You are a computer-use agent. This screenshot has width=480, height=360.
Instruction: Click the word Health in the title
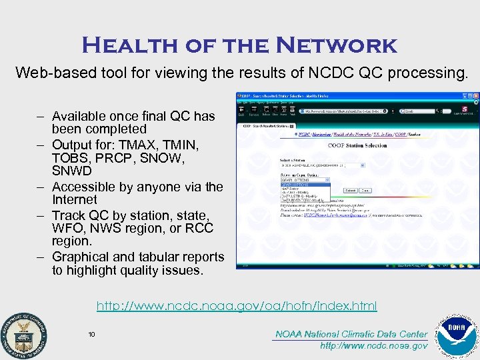click(121, 45)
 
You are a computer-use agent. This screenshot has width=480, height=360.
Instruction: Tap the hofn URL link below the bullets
click(237, 306)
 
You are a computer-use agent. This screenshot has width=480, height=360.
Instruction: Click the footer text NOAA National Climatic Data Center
click(351, 334)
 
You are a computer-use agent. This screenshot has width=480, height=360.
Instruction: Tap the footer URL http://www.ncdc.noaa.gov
click(374, 345)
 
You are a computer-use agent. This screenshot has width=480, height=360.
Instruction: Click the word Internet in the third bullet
click(75, 199)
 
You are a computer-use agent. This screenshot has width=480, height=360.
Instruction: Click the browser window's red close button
click(475, 96)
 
